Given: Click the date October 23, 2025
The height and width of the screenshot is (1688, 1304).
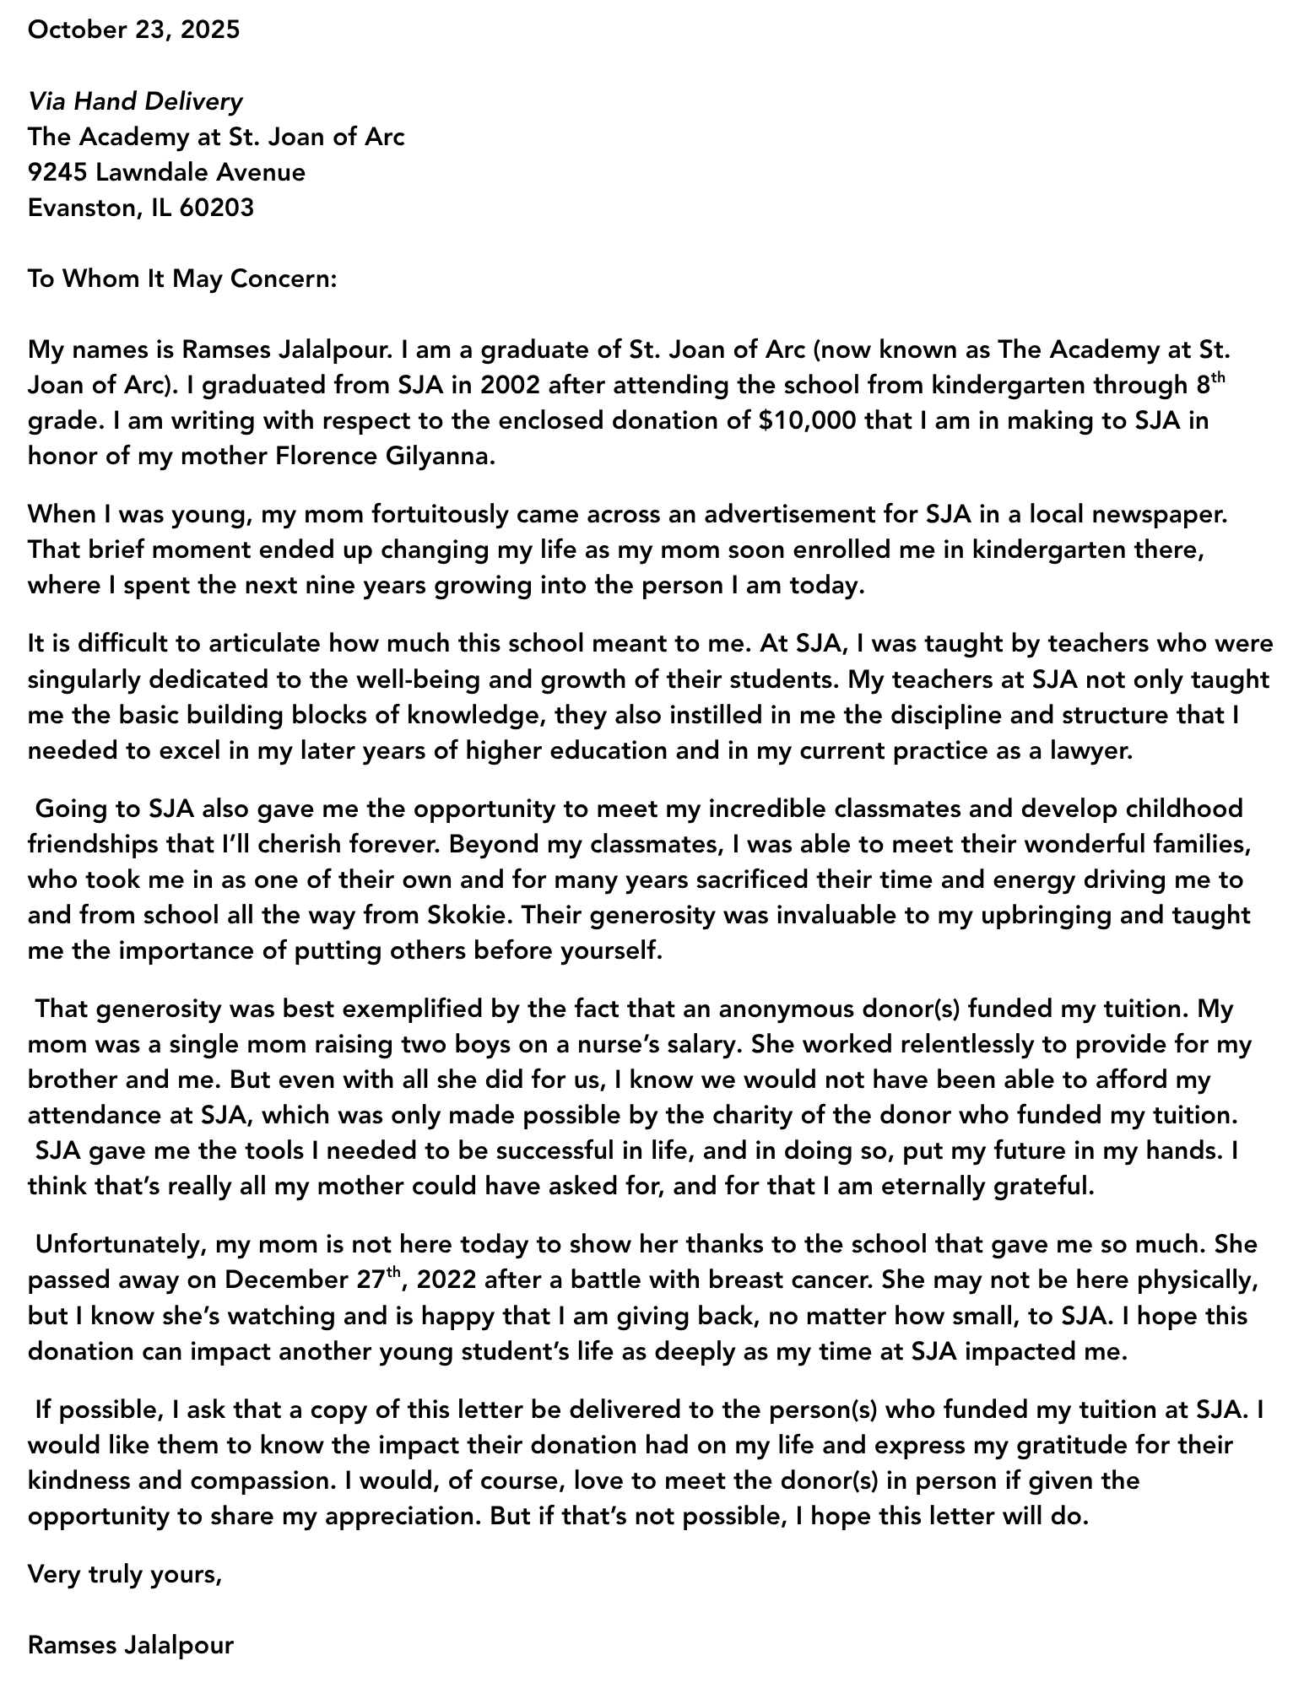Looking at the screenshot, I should tap(133, 30).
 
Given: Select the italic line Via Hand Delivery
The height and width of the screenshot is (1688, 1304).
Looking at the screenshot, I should tap(135, 102).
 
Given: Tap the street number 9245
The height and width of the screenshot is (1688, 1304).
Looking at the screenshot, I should tap(58, 173).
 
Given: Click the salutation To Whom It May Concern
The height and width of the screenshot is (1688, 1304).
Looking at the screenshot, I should tap(181, 279).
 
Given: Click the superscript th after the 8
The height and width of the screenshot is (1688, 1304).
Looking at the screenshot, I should tap(1216, 378).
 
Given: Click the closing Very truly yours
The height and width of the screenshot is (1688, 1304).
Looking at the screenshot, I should tap(125, 1575).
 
